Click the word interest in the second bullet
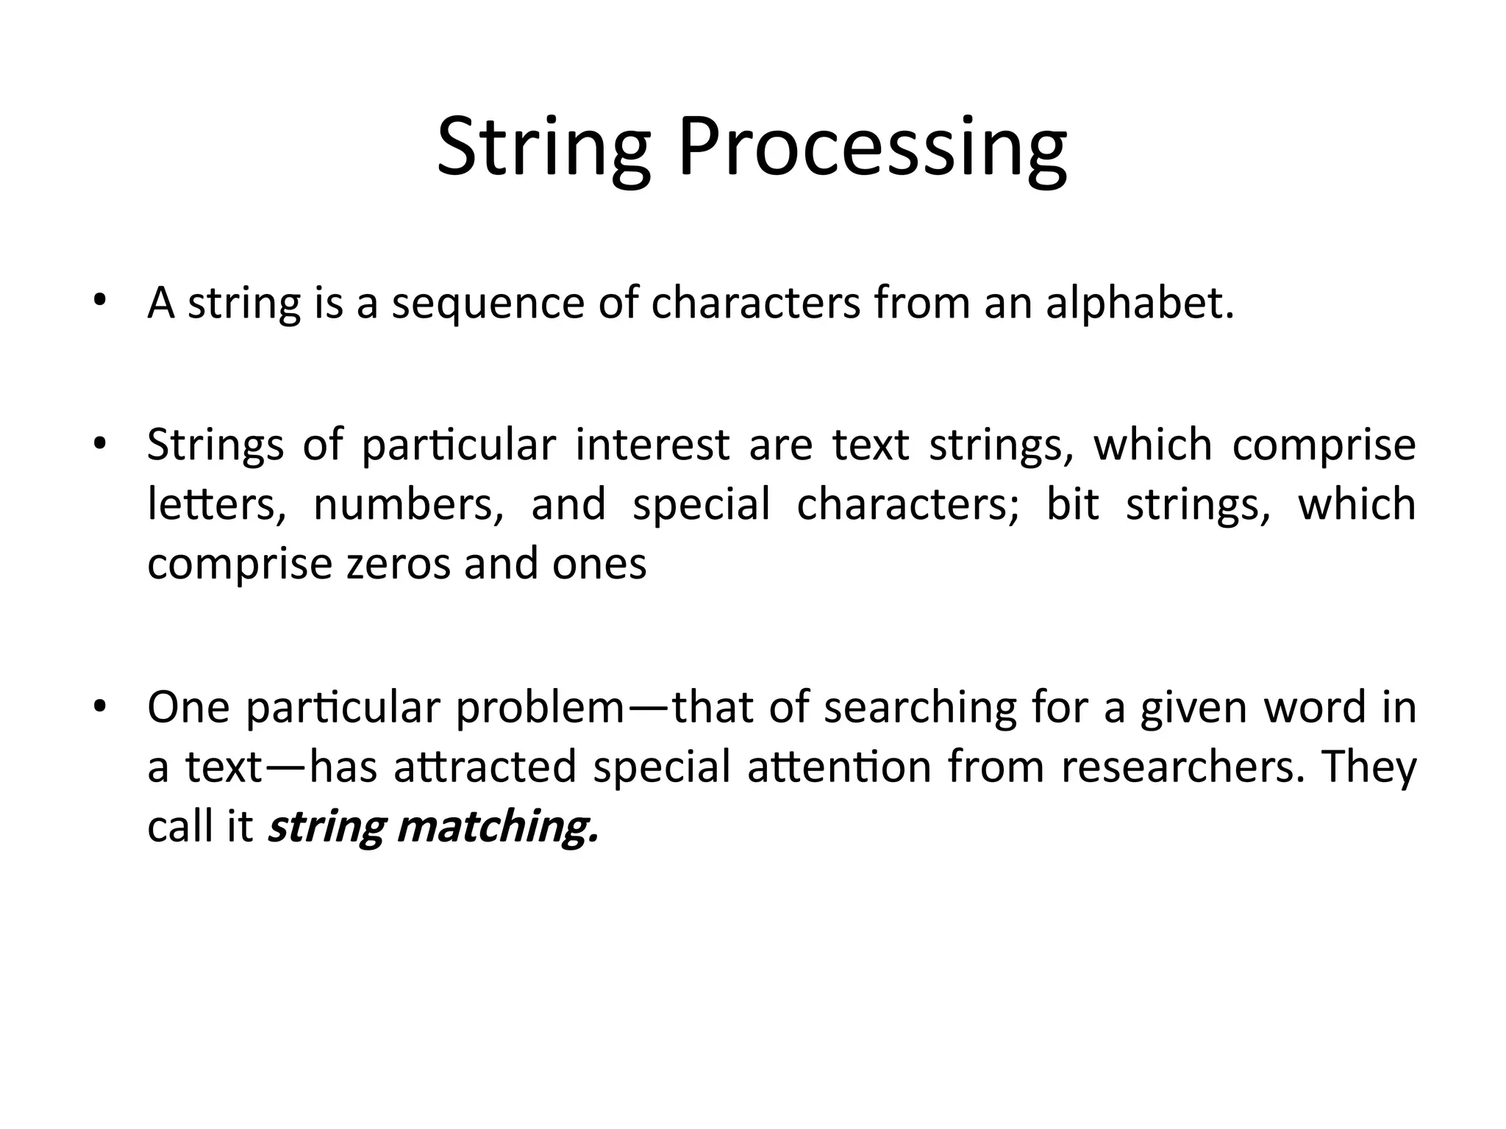[x=652, y=445]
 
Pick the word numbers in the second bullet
[x=408, y=506]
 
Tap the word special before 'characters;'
[x=701, y=506]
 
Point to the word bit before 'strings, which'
[x=1072, y=505]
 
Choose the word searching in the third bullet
[x=919, y=709]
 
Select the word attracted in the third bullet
[x=485, y=767]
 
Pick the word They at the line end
[x=1368, y=767]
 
